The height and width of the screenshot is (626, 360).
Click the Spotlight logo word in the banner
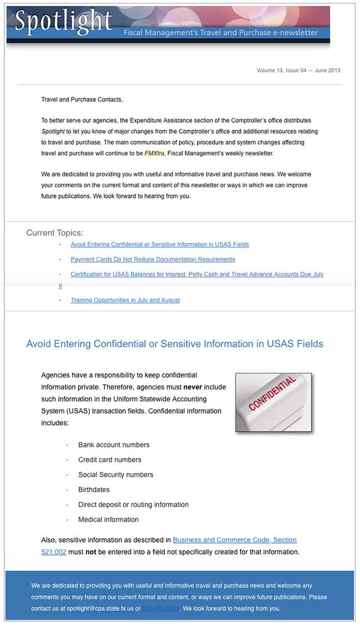pyautogui.click(x=64, y=22)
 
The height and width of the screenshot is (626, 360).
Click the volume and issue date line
pyautogui.click(x=298, y=70)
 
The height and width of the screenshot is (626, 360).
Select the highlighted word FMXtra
pyautogui.click(x=154, y=153)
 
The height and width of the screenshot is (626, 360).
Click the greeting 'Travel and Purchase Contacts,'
pyautogui.click(x=82, y=99)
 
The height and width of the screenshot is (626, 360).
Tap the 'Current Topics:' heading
pyautogui.click(x=55, y=233)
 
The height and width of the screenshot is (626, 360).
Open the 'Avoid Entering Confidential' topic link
pyautogui.click(x=160, y=244)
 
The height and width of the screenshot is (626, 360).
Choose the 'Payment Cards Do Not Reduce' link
pyautogui.click(x=152, y=259)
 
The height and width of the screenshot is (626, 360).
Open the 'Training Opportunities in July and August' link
pyautogui.click(x=125, y=300)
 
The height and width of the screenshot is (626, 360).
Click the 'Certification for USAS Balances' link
pyautogui.click(x=197, y=274)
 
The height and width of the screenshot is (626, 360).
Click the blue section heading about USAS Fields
pyautogui.click(x=175, y=344)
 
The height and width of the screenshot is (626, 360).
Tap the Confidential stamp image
pyautogui.click(x=273, y=402)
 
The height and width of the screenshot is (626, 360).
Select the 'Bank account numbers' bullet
pyautogui.click(x=113, y=445)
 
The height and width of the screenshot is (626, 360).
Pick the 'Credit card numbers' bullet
pyautogui.click(x=110, y=460)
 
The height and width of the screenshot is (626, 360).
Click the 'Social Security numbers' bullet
pyautogui.click(x=115, y=475)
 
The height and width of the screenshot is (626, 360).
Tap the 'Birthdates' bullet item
pyautogui.click(x=95, y=490)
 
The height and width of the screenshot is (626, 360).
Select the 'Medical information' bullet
pyautogui.click(x=108, y=520)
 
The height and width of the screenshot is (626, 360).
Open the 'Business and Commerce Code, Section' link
pyautogui.click(x=235, y=540)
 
